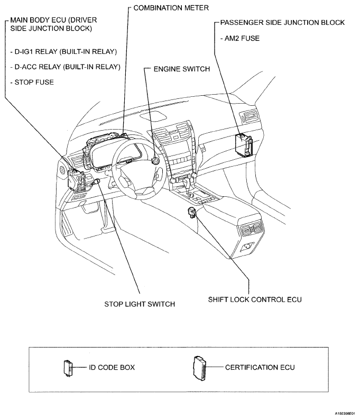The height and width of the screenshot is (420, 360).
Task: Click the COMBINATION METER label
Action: tap(164, 8)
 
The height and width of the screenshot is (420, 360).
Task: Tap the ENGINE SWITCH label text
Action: tap(181, 69)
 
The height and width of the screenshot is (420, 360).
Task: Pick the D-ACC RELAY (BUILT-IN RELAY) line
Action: tap(65, 67)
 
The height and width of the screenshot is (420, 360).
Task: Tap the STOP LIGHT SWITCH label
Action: tap(140, 304)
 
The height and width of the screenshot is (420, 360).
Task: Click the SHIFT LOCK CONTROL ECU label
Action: tap(255, 299)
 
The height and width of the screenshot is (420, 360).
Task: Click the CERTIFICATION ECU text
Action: tap(260, 367)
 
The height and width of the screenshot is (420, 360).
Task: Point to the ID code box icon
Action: tap(67, 367)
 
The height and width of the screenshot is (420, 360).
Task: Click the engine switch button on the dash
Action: tap(156, 160)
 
